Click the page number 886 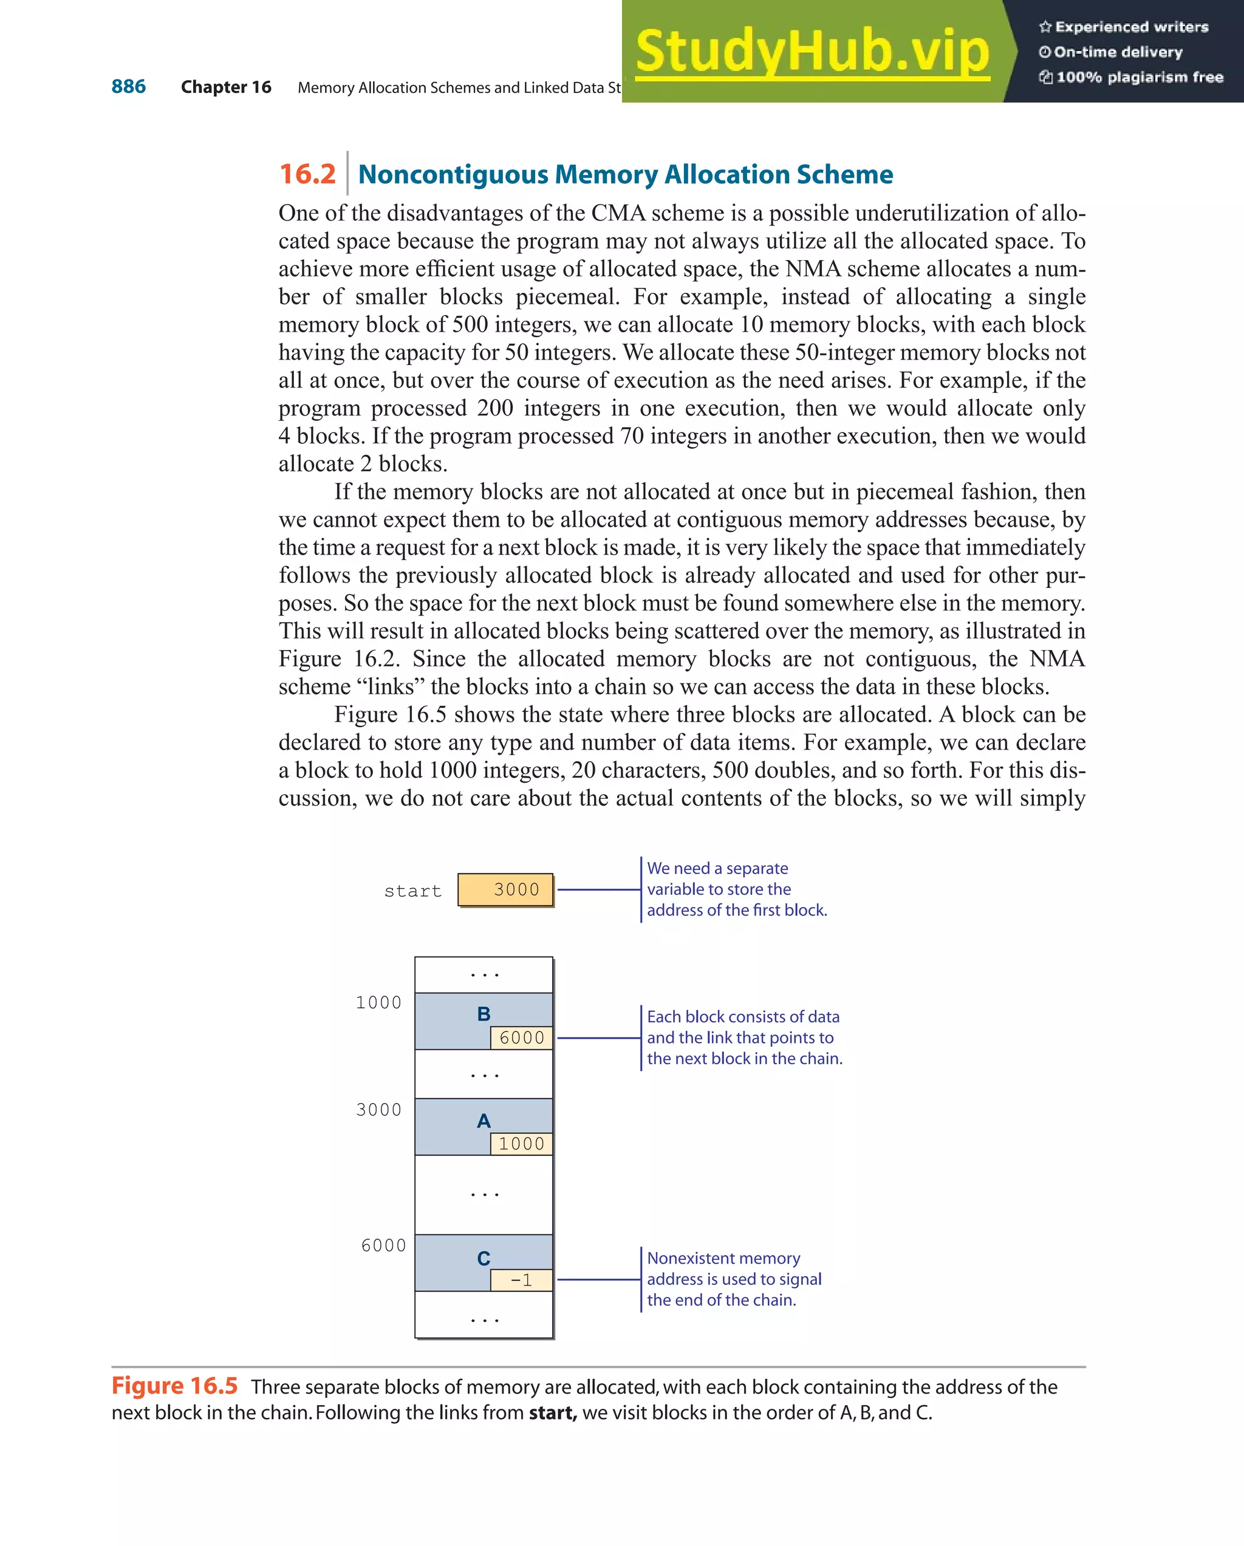click(128, 87)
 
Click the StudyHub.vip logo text click(812, 52)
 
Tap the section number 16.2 click(307, 174)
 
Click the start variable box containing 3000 click(505, 890)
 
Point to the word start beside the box click(412, 891)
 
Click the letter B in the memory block click(484, 1014)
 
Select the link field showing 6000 click(521, 1038)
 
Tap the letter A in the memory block click(484, 1121)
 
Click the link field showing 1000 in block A click(521, 1144)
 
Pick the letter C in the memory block click(484, 1259)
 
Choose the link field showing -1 click(521, 1280)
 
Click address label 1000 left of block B click(378, 1002)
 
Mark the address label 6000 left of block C click(384, 1245)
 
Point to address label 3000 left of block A click(378, 1110)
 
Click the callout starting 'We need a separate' click(736, 889)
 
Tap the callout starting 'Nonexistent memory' click(734, 1279)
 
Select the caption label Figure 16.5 click(174, 1386)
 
